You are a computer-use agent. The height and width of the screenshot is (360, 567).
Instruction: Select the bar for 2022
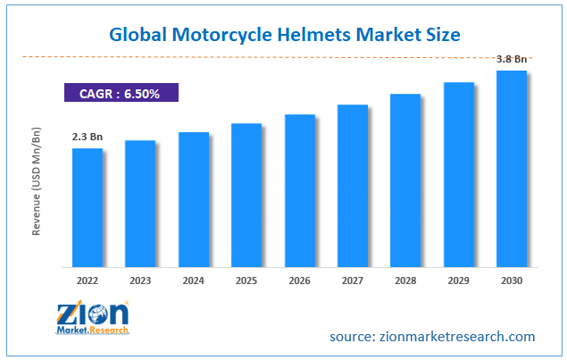(87, 207)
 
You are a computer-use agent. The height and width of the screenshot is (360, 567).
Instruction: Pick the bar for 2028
(404, 180)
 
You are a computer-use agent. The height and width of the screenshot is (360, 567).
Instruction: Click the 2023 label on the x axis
(139, 280)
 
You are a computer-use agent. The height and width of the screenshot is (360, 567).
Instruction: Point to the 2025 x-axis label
(246, 280)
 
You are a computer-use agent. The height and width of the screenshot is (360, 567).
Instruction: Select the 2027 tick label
(352, 280)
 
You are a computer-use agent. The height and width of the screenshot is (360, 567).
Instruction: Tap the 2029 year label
(458, 280)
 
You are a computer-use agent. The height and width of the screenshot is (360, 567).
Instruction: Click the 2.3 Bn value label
(87, 137)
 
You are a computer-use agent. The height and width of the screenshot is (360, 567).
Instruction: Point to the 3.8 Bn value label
(512, 60)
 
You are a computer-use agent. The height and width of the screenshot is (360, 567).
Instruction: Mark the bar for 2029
(458, 174)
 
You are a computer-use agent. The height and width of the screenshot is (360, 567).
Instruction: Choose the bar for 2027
(352, 185)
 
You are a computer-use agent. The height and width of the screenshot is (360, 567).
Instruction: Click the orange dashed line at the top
(268, 56)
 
